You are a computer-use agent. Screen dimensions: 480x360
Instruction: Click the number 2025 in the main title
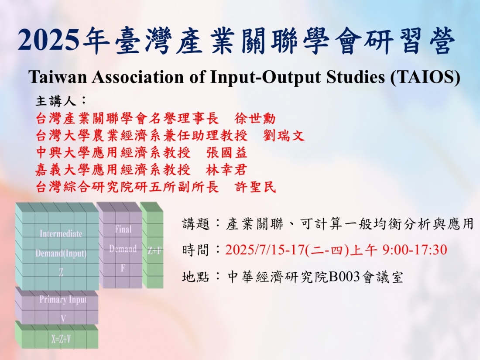(48, 41)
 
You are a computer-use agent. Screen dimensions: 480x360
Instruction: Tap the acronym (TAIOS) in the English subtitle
(425, 77)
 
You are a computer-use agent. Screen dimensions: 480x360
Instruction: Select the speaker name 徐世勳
(255, 118)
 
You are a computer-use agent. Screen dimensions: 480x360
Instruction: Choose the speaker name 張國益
(226, 153)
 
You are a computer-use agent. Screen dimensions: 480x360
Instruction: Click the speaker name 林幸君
(226, 170)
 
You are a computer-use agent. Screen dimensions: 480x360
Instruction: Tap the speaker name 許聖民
(255, 187)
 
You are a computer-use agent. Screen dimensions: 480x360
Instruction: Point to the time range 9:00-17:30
(415, 250)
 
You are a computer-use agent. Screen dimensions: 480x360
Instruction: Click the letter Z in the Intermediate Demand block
(61, 271)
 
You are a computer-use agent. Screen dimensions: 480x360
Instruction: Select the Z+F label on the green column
(154, 251)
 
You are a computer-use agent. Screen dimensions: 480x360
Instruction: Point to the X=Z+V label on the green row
(61, 339)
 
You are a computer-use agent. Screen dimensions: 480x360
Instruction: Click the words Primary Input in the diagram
(63, 300)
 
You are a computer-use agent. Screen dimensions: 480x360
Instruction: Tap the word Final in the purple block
(123, 229)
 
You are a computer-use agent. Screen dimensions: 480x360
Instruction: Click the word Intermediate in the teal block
(61, 233)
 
